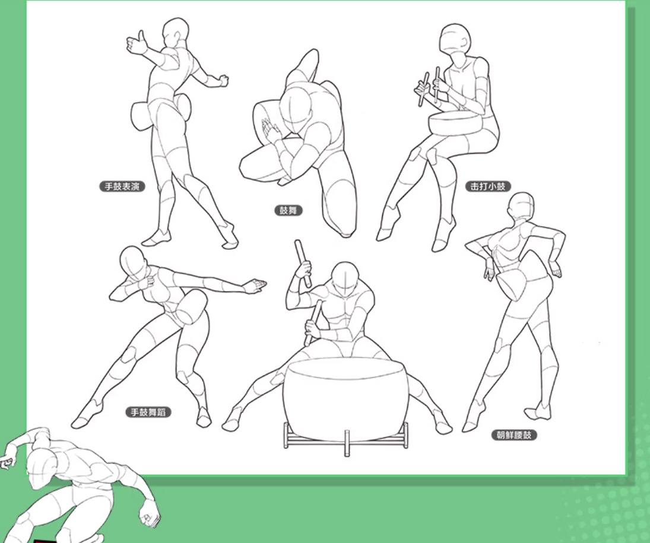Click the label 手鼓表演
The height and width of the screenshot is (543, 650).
(122, 186)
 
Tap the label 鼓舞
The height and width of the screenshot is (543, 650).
(288, 210)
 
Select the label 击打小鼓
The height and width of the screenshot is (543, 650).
(487, 186)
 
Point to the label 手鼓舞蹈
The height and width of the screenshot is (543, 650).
(148, 412)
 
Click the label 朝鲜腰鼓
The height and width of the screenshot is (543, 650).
(513, 435)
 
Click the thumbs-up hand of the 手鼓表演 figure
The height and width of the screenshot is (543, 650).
(137, 43)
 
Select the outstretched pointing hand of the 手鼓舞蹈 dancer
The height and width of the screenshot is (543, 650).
(255, 286)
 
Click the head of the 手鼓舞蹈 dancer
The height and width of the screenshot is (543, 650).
(132, 263)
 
